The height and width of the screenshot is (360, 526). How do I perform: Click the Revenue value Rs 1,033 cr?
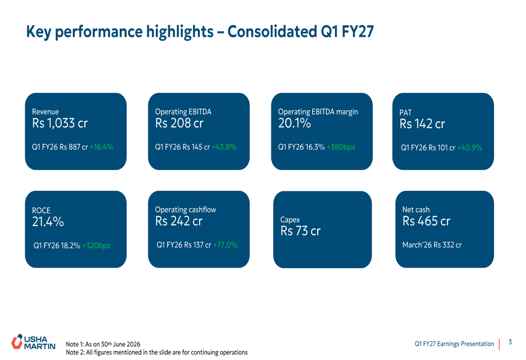click(60, 124)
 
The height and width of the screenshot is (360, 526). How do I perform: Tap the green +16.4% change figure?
click(102, 147)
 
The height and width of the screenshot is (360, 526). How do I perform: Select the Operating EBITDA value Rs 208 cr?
click(179, 124)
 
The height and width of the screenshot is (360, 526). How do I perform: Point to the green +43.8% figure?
click(224, 147)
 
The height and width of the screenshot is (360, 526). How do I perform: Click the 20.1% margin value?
click(295, 124)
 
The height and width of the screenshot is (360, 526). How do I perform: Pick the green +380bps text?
click(341, 147)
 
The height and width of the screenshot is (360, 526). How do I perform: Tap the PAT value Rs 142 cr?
click(422, 124)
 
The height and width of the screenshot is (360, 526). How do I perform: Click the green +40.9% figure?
click(470, 148)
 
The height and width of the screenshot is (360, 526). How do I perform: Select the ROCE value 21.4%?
click(48, 222)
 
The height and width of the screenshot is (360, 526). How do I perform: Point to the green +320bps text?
click(96, 246)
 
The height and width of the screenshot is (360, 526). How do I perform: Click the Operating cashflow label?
click(186, 210)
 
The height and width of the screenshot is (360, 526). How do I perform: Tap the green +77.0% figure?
click(225, 245)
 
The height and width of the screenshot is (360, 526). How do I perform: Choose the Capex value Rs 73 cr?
click(300, 231)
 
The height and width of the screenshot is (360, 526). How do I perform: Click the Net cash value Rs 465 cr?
click(427, 221)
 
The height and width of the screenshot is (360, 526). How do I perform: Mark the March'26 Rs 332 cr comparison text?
click(432, 245)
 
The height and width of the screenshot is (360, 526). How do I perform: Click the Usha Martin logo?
click(33, 342)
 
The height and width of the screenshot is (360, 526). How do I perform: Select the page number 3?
click(510, 342)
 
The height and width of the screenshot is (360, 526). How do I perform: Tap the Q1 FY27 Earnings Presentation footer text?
click(454, 344)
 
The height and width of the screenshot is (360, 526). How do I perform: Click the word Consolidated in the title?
click(272, 32)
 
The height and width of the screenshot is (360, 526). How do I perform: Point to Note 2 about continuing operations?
click(157, 352)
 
